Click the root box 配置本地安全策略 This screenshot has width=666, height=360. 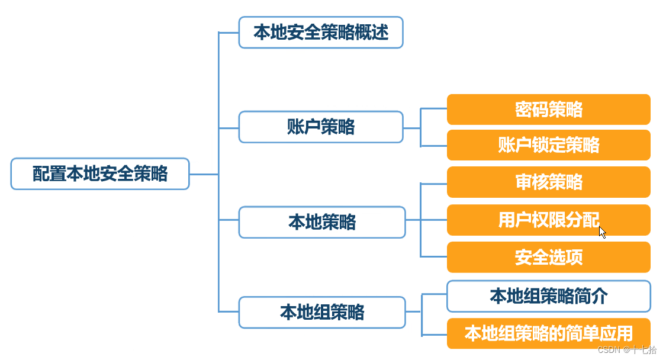(100, 173)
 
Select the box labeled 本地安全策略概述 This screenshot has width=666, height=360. (321, 32)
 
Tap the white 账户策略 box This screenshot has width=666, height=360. (321, 127)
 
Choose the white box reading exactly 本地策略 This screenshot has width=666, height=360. (322, 222)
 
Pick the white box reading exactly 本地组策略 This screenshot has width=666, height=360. (322, 312)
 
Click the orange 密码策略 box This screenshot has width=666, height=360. (548, 110)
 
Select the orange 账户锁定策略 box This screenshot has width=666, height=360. (548, 145)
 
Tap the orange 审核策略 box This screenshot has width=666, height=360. (548, 182)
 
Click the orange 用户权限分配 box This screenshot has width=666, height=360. (548, 220)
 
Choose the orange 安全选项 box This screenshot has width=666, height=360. (548, 257)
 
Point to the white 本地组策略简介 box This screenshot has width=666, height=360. (548, 296)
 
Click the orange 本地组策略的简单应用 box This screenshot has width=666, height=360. (548, 333)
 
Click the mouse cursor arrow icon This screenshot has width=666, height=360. (602, 232)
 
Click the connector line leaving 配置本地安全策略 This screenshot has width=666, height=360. (204, 174)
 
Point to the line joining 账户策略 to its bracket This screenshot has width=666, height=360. (412, 127)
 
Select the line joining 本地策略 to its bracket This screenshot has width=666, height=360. (413, 220)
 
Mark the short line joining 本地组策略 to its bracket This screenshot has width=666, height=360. (413, 312)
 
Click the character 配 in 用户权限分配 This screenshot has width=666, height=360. (591, 220)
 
